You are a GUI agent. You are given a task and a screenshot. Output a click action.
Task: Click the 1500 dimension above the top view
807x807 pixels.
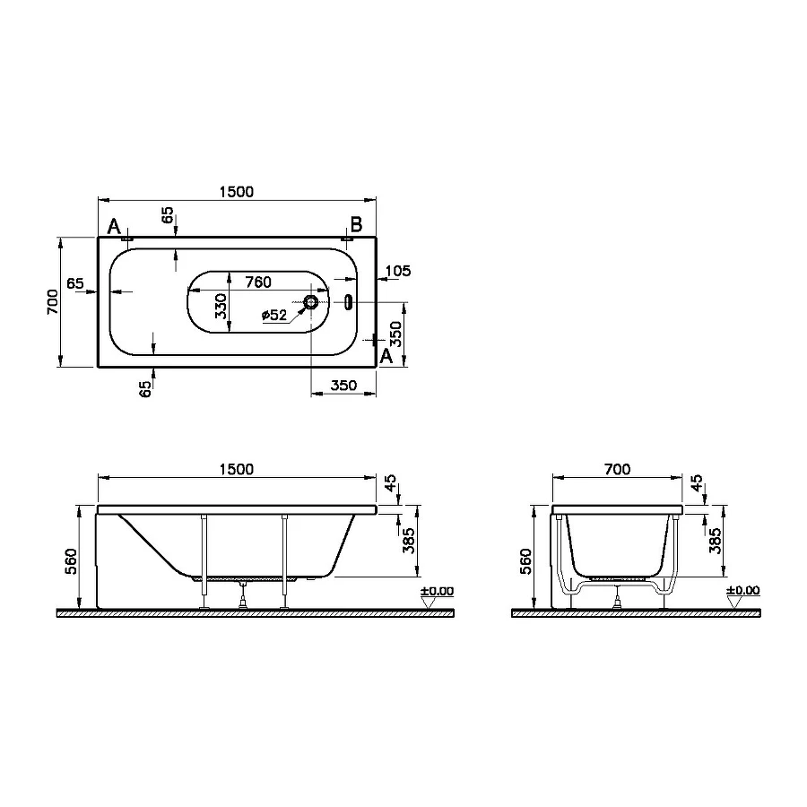(237, 191)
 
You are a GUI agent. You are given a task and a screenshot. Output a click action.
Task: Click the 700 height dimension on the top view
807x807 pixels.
(53, 302)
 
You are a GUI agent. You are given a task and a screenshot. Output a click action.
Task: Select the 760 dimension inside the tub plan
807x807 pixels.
(258, 282)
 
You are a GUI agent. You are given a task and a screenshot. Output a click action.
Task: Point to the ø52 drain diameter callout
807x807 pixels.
(273, 315)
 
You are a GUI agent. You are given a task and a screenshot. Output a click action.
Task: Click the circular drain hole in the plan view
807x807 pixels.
(310, 302)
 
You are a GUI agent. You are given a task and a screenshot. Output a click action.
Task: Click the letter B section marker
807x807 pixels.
(355, 224)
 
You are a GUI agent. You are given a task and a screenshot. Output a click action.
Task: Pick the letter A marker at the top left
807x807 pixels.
(114, 226)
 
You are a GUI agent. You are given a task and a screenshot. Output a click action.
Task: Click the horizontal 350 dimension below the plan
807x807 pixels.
(343, 386)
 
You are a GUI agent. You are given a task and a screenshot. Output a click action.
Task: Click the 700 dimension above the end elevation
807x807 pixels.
(618, 469)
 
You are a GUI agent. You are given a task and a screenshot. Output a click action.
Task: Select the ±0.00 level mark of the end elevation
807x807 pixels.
(742, 590)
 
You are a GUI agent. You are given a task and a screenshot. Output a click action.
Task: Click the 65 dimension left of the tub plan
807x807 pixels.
(75, 283)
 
